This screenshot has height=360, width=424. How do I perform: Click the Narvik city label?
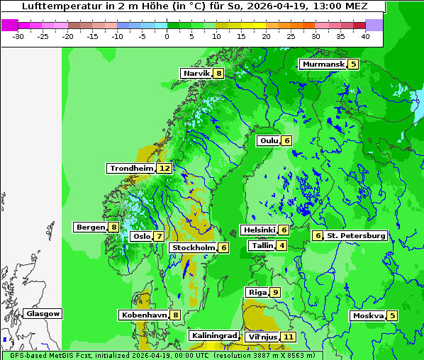[196, 74]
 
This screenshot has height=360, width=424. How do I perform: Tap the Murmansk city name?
[323, 64]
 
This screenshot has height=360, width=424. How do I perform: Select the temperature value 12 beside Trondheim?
[164, 169]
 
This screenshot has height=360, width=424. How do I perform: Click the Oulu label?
[269, 140]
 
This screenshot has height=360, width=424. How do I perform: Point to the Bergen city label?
[90, 227]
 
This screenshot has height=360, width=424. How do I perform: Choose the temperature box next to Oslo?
[160, 237]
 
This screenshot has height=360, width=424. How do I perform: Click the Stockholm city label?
[193, 247]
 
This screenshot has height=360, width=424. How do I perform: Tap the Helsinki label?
[259, 230]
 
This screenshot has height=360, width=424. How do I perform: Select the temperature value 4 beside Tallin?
[282, 246]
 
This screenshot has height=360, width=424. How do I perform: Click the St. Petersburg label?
[356, 235]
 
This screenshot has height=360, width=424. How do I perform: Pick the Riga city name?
[257, 292]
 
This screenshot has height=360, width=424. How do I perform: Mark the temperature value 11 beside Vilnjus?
[288, 337]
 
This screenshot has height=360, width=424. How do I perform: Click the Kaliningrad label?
[213, 336]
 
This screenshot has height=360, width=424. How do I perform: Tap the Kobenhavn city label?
[144, 315]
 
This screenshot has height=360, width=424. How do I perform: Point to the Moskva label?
[368, 315]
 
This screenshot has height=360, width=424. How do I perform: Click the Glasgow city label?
[43, 313]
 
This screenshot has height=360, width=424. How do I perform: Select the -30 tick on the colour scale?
[18, 36]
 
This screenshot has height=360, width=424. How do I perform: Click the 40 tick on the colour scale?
[364, 36]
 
